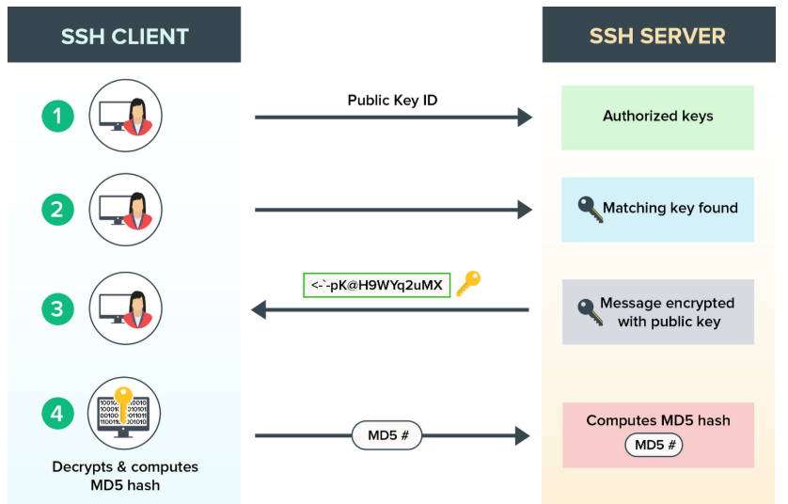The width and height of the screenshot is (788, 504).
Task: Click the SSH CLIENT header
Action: [125, 37]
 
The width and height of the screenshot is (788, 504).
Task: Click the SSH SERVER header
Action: [657, 37]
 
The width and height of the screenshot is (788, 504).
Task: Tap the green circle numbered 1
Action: [57, 117]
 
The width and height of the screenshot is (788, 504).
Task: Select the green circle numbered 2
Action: [57, 209]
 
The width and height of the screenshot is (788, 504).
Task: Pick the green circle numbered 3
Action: [57, 308]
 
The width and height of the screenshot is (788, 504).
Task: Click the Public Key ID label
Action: [392, 100]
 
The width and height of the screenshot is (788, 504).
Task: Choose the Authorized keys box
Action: [657, 117]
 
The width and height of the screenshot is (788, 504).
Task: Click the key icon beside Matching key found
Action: [590, 209]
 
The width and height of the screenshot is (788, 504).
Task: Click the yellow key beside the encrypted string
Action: [468, 283]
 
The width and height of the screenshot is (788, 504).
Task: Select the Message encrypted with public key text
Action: [668, 312]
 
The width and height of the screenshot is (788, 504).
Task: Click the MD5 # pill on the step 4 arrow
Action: [386, 435]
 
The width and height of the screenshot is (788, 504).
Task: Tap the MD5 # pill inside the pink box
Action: [654, 444]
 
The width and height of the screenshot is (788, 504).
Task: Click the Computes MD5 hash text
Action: [657, 420]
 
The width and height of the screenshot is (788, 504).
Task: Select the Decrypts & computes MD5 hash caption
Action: [125, 476]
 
